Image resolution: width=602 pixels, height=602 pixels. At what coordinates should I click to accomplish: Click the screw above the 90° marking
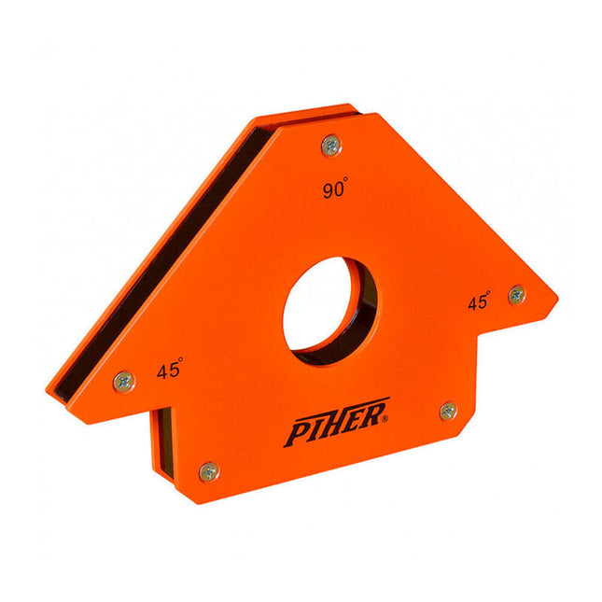coord(331,145)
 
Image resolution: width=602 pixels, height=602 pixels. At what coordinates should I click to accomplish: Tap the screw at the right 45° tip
coord(516,295)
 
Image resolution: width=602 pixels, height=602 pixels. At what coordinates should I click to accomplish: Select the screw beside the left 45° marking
coord(123,381)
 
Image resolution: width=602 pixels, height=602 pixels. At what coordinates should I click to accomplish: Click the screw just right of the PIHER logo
coord(448,411)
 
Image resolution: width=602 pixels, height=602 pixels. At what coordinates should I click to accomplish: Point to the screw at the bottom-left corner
coord(209,471)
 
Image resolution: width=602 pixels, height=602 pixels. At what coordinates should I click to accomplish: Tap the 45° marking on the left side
coord(169,370)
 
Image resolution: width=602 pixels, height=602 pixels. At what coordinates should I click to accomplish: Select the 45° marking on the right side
coord(480,301)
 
